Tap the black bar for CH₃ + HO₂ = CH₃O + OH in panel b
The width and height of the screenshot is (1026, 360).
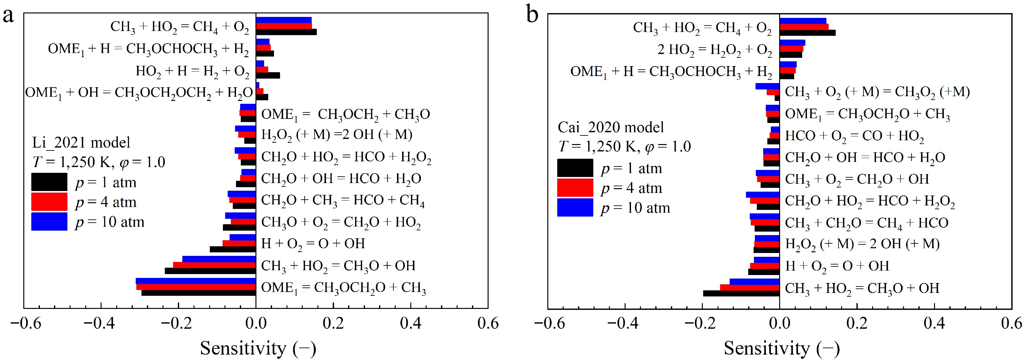pos(741,294)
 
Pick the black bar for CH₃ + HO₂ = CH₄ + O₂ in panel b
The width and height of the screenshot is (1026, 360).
pos(807,33)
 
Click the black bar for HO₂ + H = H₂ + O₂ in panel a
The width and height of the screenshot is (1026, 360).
pos(268,76)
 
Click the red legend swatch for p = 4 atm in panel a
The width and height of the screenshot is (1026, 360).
pos(49,202)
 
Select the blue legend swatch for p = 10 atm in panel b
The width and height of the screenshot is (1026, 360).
pos(575,208)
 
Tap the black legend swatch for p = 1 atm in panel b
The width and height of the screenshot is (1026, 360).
pos(575,168)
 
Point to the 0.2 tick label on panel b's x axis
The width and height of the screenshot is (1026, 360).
pos(857,323)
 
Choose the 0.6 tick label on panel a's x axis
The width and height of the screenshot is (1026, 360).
pos(488,323)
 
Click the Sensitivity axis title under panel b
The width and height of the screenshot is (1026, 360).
pos(781,349)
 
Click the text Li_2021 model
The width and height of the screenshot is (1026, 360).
pos(81,142)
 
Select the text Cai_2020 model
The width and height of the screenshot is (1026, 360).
pos(611,127)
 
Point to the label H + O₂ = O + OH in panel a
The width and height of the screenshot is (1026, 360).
pos(313,243)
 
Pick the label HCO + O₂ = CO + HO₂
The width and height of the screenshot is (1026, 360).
pos(854,136)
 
